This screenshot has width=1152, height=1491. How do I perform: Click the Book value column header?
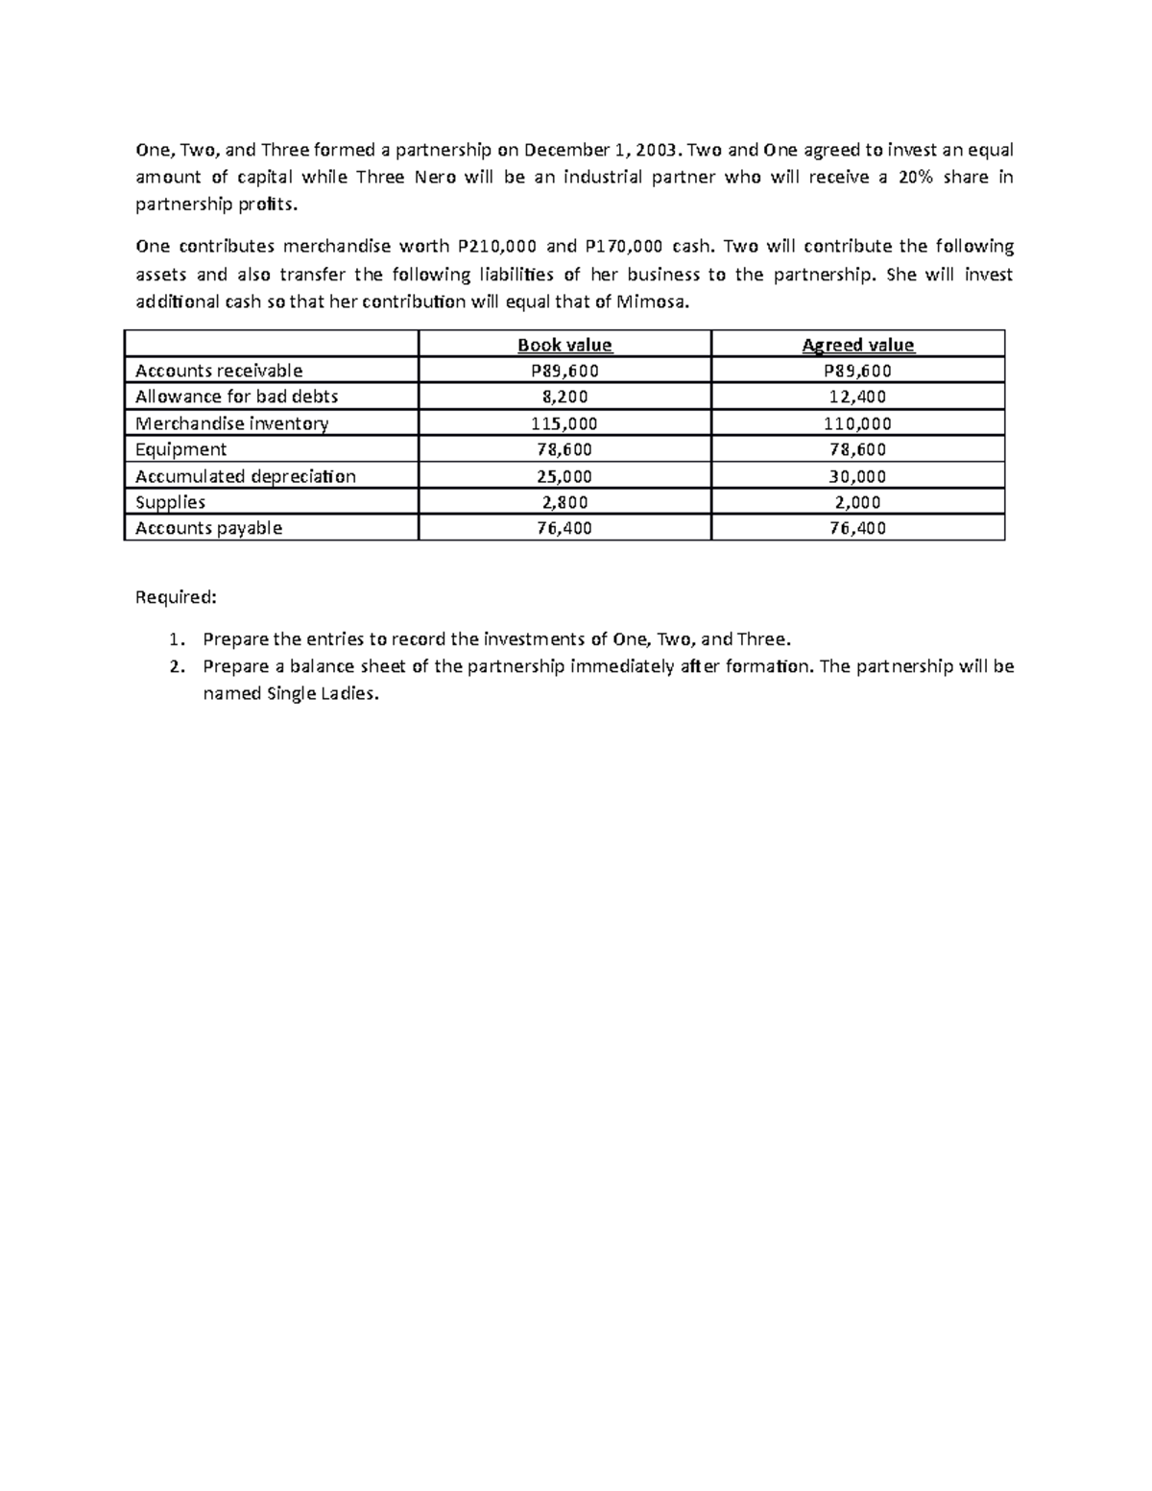(x=564, y=345)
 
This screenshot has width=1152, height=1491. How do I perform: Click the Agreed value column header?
(x=857, y=345)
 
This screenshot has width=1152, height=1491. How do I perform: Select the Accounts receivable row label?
(x=219, y=371)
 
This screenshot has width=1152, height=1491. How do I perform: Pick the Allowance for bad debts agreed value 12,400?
(x=857, y=397)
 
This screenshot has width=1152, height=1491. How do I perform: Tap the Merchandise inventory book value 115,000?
(x=564, y=423)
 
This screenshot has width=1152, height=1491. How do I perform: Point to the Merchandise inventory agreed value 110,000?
(x=857, y=423)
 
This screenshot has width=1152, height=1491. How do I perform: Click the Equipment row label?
(x=180, y=449)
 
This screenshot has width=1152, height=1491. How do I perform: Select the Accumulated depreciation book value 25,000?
(x=564, y=476)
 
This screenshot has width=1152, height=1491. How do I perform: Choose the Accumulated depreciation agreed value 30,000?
(x=857, y=476)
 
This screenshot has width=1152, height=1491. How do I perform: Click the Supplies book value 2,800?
(x=564, y=502)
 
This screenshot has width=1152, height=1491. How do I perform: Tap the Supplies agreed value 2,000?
(x=857, y=502)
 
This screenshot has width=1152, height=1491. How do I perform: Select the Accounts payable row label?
(x=208, y=528)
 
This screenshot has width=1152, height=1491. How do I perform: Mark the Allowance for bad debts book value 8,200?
(x=564, y=397)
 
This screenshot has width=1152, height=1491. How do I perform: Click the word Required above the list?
(x=176, y=597)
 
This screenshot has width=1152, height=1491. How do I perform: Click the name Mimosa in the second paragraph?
(x=652, y=302)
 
